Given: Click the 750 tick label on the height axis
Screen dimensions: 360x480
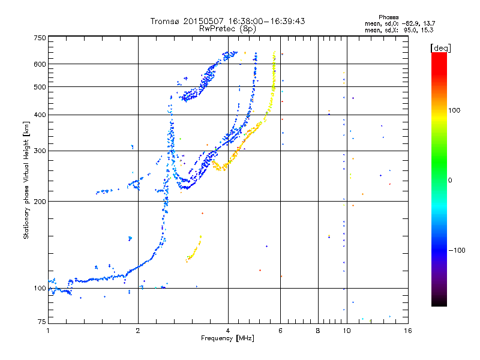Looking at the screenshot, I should [40, 37].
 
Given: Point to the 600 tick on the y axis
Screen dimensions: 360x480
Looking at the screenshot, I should [40, 64].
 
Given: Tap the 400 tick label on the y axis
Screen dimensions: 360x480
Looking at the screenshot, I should [40, 115].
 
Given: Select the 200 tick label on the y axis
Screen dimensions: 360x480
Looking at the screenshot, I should [40, 201].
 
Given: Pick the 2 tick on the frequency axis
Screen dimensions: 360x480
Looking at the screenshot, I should [138, 330].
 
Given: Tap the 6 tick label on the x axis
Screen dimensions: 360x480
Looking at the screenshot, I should [281, 330].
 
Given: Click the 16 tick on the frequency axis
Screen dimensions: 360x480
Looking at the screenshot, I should [406, 330].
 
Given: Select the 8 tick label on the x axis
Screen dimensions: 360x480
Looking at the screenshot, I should [318, 330].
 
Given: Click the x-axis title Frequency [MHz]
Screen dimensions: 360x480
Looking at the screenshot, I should [227, 338].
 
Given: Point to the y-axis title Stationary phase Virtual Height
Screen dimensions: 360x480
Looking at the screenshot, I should [26, 180].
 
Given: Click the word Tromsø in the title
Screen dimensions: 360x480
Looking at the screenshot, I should [166, 21].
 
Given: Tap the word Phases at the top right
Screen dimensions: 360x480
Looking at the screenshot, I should [388, 17].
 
